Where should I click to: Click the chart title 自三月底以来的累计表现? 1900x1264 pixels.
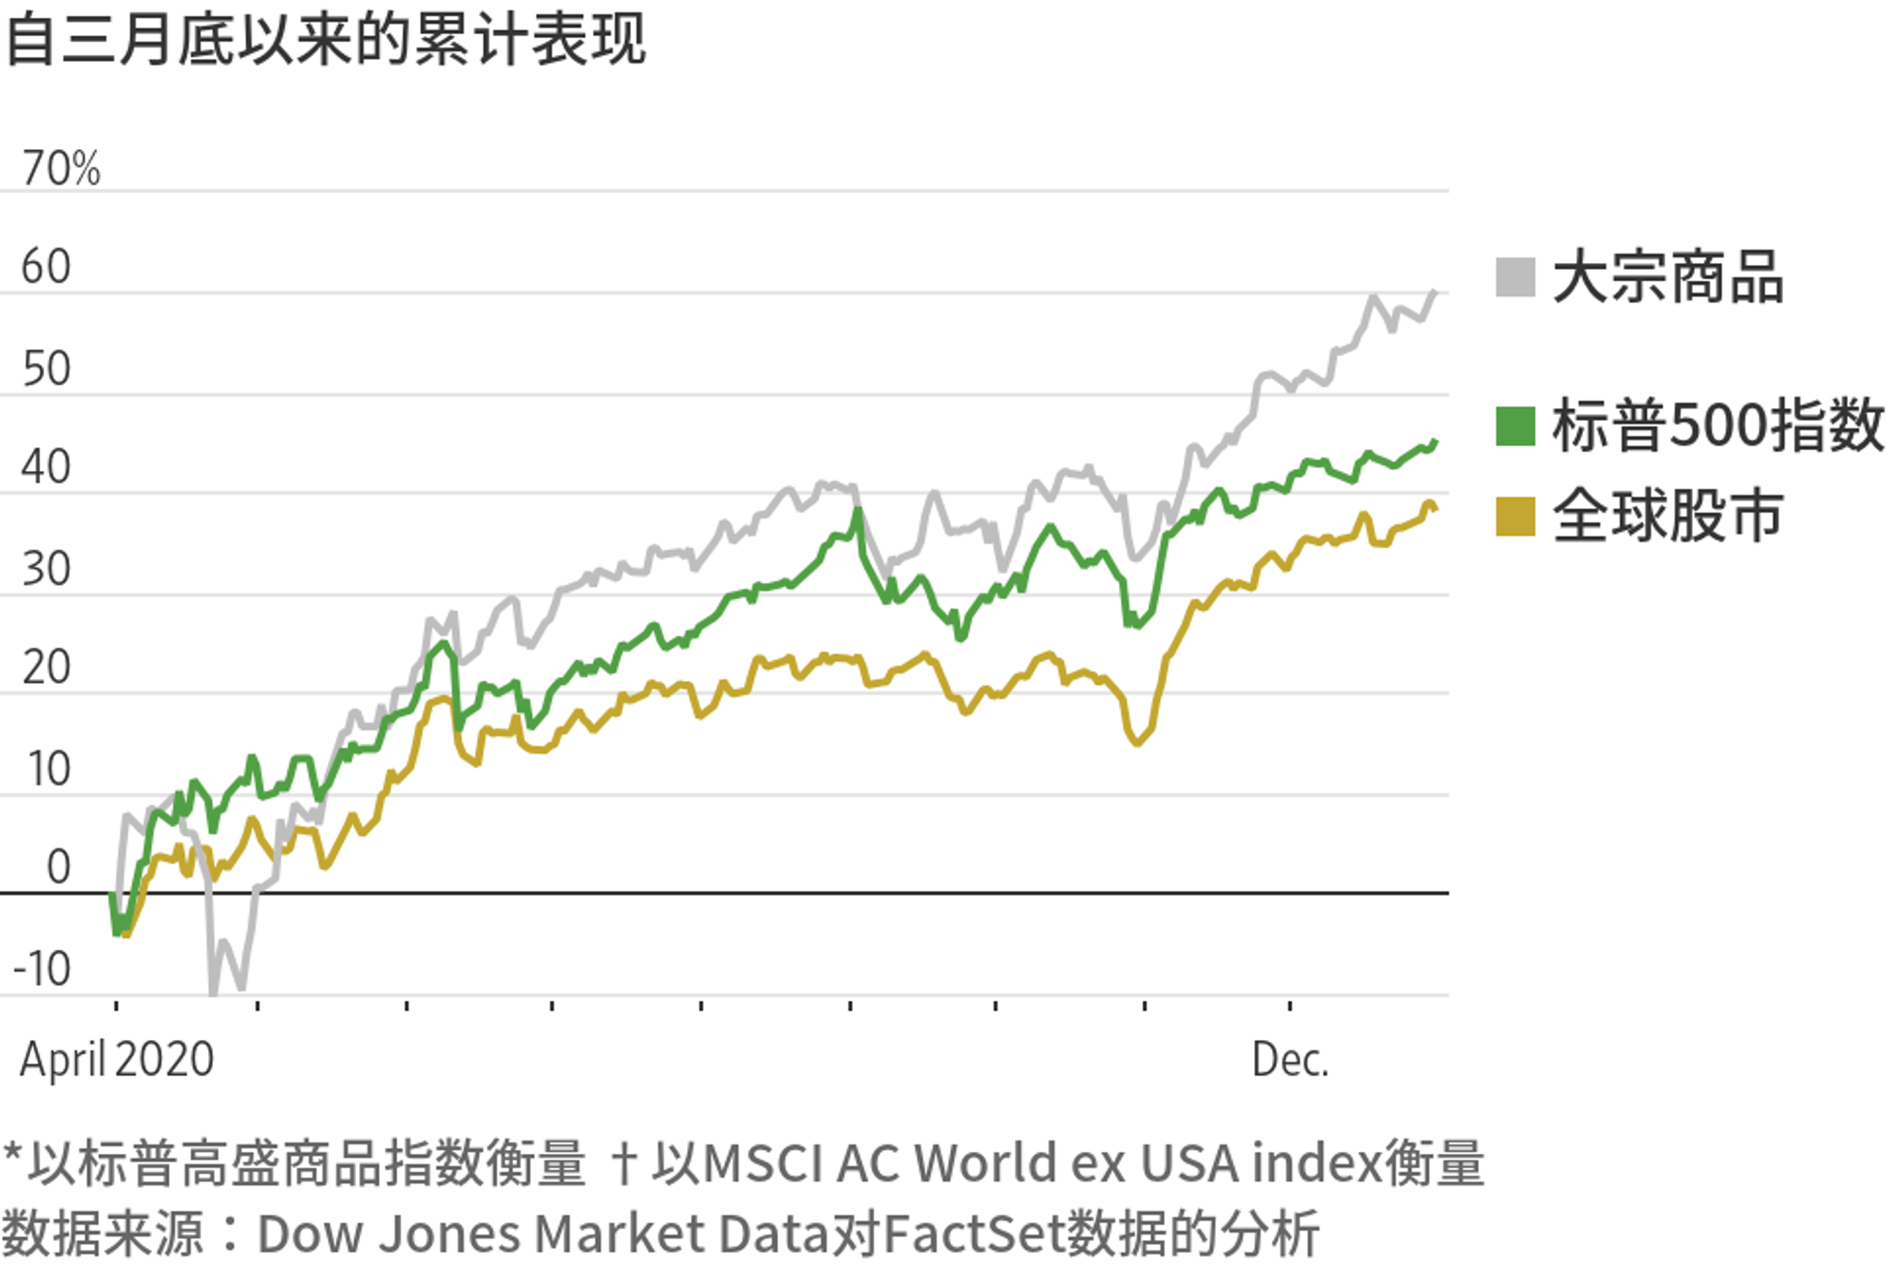pyautogui.click(x=325, y=40)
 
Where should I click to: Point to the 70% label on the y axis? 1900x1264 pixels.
pyautogui.click(x=61, y=169)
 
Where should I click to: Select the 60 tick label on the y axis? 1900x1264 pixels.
pyautogui.click(x=46, y=267)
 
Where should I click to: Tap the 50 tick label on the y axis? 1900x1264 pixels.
pyautogui.click(x=46, y=368)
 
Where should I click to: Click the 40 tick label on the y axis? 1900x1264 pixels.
pyautogui.click(x=46, y=467)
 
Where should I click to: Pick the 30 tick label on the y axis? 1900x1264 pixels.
pyautogui.click(x=46, y=569)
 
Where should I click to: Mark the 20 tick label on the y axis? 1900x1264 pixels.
pyautogui.click(x=46, y=668)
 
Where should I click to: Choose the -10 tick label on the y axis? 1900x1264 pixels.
pyautogui.click(x=42, y=970)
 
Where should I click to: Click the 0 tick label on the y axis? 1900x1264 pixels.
pyautogui.click(x=58, y=867)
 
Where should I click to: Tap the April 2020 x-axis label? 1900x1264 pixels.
pyautogui.click(x=117, y=1059)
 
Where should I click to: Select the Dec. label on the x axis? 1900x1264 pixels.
pyautogui.click(x=1289, y=1059)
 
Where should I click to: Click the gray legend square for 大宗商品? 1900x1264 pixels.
pyautogui.click(x=1514, y=277)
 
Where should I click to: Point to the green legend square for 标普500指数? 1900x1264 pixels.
pyautogui.click(x=1514, y=425)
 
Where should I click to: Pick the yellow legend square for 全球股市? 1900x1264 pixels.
pyautogui.click(x=1514, y=517)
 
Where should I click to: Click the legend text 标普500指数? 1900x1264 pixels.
pyautogui.click(x=1718, y=425)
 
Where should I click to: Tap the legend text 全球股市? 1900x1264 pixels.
pyautogui.click(x=1667, y=517)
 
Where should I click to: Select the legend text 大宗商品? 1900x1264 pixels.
pyautogui.click(x=1667, y=277)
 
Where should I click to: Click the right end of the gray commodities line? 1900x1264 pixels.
pyautogui.click(x=1434, y=292)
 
